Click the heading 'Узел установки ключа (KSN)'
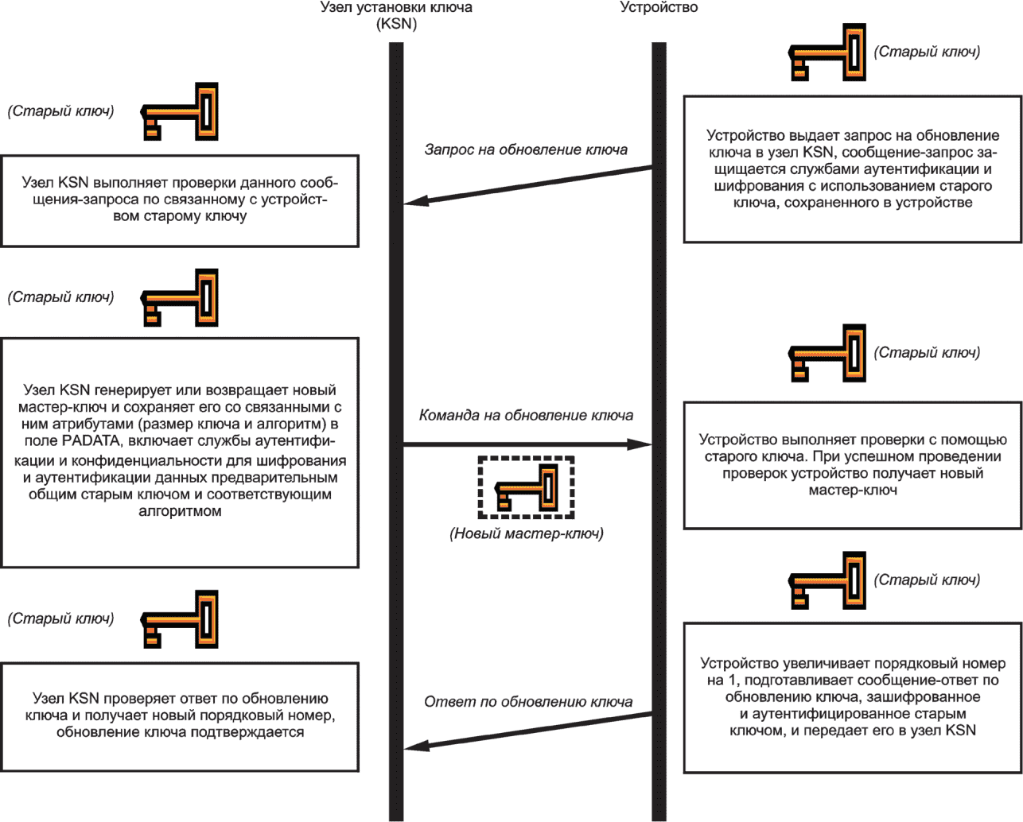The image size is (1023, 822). click(396, 15)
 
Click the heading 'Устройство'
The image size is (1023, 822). click(659, 8)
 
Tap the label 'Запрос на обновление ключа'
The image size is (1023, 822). click(526, 149)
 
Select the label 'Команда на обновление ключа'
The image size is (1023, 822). click(526, 415)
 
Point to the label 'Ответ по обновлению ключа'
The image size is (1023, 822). click(528, 702)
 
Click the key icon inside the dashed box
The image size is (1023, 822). click(526, 487)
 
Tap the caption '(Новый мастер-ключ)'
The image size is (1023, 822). click(527, 533)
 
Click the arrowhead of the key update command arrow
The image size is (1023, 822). click(640, 444)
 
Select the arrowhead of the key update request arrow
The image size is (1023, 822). click(415, 201)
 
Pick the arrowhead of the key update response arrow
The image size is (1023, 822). click(416, 746)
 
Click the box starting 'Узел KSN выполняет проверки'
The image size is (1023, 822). click(180, 201)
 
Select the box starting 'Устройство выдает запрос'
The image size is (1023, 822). click(852, 169)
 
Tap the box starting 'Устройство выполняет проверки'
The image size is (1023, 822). click(852, 465)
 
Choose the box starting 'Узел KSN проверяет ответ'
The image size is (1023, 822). click(180, 717)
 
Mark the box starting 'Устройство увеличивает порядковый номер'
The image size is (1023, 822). click(852, 698)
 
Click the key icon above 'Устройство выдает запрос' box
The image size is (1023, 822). click(827, 52)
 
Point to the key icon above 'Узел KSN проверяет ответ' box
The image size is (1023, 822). click(179, 619)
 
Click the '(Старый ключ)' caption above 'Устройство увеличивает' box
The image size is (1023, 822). click(927, 580)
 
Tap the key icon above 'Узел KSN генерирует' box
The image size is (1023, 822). click(179, 297)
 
